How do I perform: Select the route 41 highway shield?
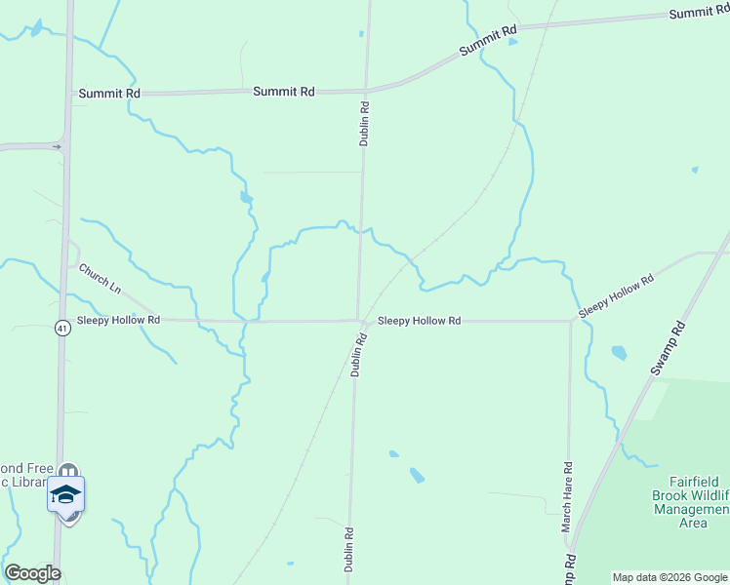(61, 328)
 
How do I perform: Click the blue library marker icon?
(66, 494)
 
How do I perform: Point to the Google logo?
(32, 573)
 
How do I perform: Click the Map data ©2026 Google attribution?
(669, 577)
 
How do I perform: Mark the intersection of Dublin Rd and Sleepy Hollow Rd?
(358, 320)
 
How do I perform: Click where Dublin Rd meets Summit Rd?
(367, 91)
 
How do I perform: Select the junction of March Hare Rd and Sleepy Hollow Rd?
(570, 320)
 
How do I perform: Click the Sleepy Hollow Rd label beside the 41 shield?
(120, 320)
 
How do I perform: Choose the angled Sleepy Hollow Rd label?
(615, 294)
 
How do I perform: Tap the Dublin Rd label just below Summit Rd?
(364, 125)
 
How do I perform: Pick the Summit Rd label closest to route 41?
(109, 94)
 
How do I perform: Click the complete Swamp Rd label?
(669, 346)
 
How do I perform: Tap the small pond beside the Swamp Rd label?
(619, 352)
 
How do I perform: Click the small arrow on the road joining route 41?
(58, 147)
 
